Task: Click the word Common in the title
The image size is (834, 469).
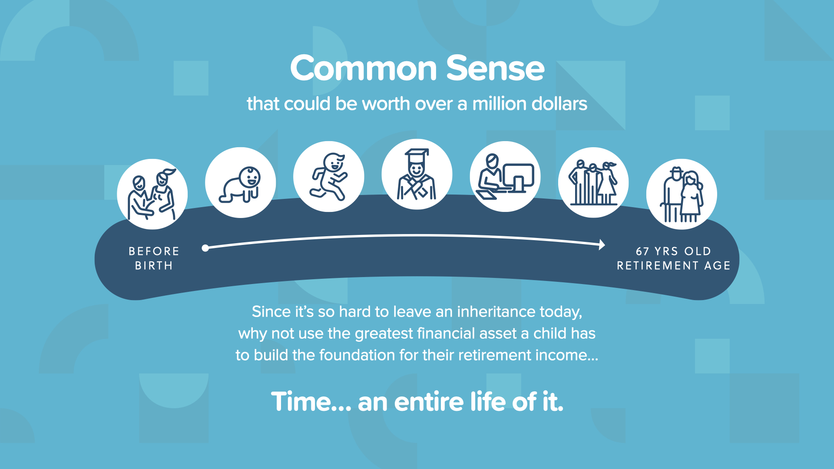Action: point(364,68)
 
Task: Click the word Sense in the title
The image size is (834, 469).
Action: point(495,68)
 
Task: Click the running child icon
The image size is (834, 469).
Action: point(329,176)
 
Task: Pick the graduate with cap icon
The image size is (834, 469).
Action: point(417,174)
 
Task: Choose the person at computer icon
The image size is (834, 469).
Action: point(505,176)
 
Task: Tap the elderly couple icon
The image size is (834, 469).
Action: point(682,194)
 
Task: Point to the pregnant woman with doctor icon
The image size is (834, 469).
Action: point(152,194)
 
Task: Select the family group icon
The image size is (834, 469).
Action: point(593,182)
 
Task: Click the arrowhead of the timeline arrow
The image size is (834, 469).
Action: point(602,245)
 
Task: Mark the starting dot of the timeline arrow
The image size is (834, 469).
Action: point(205,248)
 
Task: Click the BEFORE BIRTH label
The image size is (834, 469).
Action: point(154,258)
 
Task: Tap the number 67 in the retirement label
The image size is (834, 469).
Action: point(642,251)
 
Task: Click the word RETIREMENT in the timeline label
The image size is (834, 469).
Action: point(657,266)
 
